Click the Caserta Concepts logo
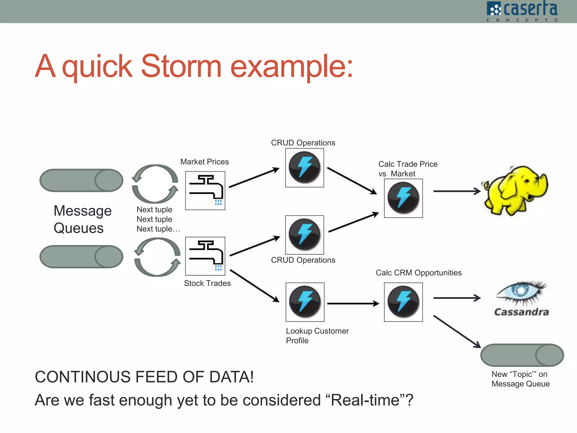point(522,11)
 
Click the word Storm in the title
point(181,67)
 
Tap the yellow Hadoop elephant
point(514,191)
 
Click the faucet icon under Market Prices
point(205,191)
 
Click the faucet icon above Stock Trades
point(205,256)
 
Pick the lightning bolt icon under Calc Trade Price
point(403,198)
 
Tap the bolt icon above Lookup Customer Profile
point(305,302)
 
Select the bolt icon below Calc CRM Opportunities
point(403,302)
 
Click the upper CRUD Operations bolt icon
point(305,168)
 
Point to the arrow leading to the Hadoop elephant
point(456,191)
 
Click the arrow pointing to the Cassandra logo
point(456,298)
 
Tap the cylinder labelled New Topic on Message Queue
point(522,355)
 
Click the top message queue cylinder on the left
point(81,180)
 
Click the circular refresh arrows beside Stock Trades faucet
point(157,257)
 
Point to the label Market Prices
point(205,162)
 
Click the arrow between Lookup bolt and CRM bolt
point(353,304)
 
